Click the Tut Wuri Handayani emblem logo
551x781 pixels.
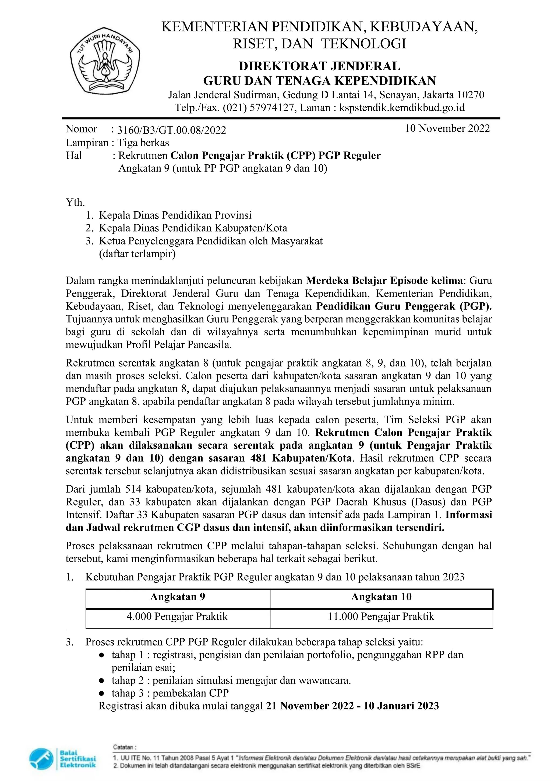click(105, 65)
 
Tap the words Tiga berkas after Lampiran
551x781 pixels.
click(143, 142)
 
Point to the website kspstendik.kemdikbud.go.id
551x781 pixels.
click(402, 108)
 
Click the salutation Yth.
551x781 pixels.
click(75, 203)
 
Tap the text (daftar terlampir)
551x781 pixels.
click(137, 254)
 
